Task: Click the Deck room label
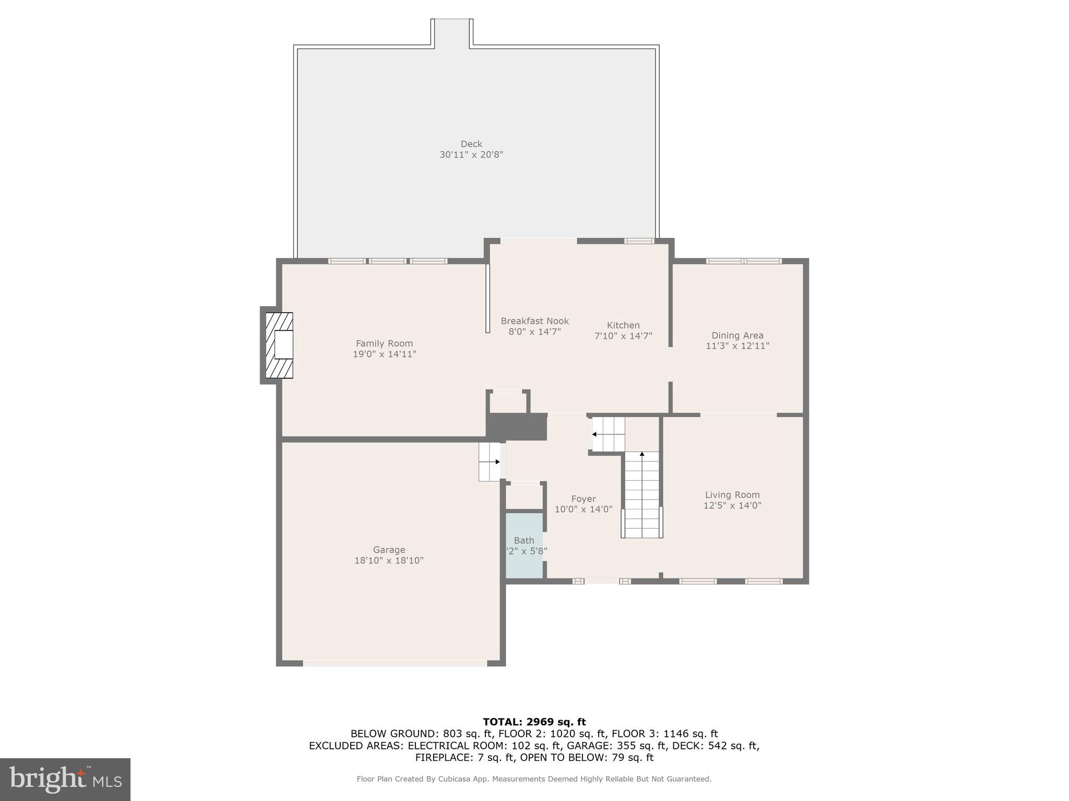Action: [471, 144]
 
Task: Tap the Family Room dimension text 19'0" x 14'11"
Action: [384, 354]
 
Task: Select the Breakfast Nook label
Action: [534, 321]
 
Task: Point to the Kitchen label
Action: [623, 325]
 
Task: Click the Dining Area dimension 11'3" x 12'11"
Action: [737, 346]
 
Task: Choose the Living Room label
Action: [732, 495]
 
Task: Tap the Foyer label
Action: [583, 499]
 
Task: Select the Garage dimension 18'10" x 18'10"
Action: [388, 561]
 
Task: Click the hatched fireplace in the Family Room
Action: [279, 345]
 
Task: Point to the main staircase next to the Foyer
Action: [642, 495]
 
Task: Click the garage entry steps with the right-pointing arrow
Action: [489, 462]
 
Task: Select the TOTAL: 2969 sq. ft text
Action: [534, 722]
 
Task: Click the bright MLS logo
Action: [65, 779]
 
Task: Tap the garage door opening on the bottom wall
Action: [395, 663]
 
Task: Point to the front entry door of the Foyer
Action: [601, 581]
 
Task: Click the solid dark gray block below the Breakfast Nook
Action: [516, 427]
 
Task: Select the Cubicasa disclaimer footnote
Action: [533, 779]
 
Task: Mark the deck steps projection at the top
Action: [452, 33]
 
